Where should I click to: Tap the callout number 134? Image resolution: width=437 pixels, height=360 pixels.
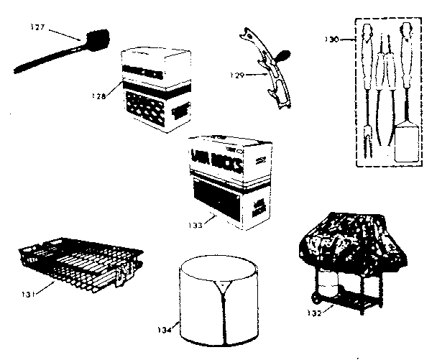point(164,331)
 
